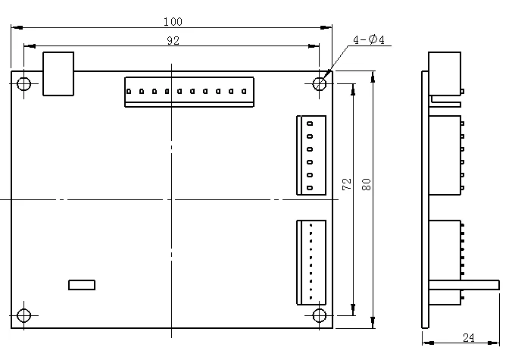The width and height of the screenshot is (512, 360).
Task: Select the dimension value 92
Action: coord(173,41)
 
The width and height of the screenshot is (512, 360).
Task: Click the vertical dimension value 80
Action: coord(367,184)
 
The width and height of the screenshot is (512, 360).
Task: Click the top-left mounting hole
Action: coord(24,83)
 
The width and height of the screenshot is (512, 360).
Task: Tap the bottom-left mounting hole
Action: coord(24,315)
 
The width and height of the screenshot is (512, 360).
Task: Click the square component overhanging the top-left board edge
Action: coord(58,74)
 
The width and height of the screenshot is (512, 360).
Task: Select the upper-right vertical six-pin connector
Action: coord(311,155)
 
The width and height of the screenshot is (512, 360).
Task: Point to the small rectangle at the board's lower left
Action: coord(82,284)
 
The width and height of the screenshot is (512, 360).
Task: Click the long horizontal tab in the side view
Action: coord(464,284)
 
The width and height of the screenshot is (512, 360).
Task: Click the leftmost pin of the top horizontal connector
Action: coord(130,92)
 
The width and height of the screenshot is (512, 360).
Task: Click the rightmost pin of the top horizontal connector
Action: coord(244,92)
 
